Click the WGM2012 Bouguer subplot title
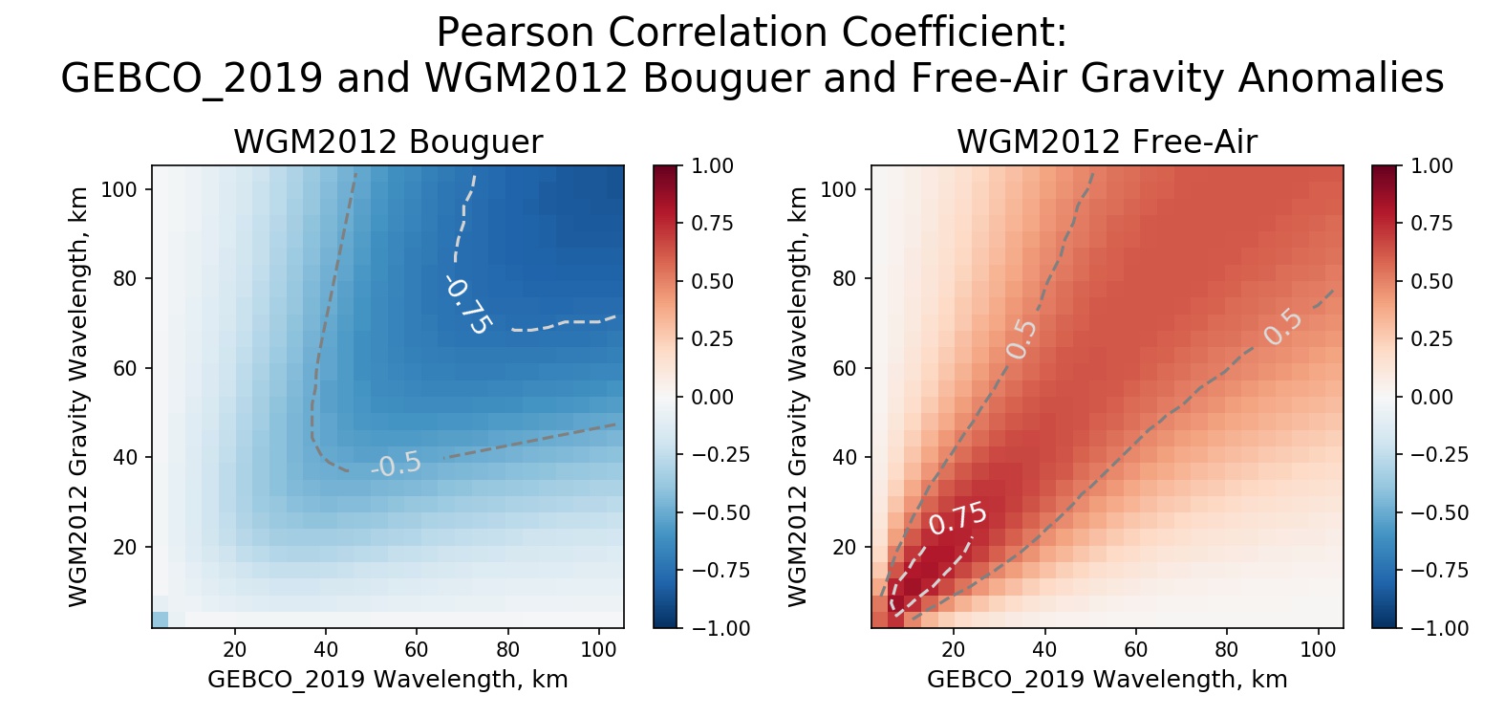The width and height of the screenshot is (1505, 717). [x=388, y=142]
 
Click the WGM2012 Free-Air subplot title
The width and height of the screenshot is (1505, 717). [x=1107, y=142]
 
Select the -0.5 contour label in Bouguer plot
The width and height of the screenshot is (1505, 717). [x=397, y=465]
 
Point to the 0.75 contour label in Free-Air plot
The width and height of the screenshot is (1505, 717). [x=957, y=518]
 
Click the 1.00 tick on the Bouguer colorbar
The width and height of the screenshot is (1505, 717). [x=712, y=166]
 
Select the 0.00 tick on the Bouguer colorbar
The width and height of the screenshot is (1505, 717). [x=712, y=397]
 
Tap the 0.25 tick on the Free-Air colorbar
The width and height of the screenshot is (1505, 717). [x=1431, y=339]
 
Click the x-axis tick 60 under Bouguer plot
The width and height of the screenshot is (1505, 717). [x=417, y=650]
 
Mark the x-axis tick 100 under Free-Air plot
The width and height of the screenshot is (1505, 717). [x=1318, y=650]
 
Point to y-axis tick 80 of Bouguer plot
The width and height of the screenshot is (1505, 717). [x=125, y=279]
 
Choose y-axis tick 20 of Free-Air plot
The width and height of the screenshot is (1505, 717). [x=845, y=547]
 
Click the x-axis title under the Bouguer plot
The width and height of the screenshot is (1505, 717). [x=388, y=680]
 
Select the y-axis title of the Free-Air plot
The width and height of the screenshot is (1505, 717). [x=798, y=397]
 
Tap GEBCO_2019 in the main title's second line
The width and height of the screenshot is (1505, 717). [x=191, y=78]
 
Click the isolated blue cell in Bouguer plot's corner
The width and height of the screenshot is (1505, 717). [x=160, y=619]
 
